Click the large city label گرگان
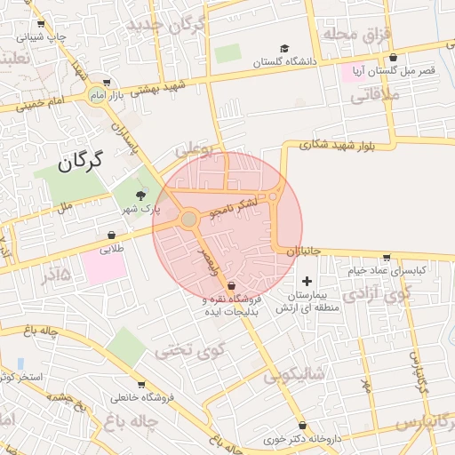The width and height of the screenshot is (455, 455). (x=79, y=161)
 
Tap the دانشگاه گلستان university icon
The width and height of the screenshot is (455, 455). (x=283, y=49)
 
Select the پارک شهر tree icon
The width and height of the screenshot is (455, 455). (x=140, y=196)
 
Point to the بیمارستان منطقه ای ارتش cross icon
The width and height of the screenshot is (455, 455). (x=307, y=281)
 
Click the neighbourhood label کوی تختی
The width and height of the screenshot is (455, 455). (x=186, y=349)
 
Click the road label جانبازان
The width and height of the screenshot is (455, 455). (x=301, y=251)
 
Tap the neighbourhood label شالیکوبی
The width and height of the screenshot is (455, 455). (x=295, y=376)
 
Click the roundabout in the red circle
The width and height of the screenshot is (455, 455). (x=189, y=219)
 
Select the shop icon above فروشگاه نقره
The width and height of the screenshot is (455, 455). (x=232, y=286)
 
